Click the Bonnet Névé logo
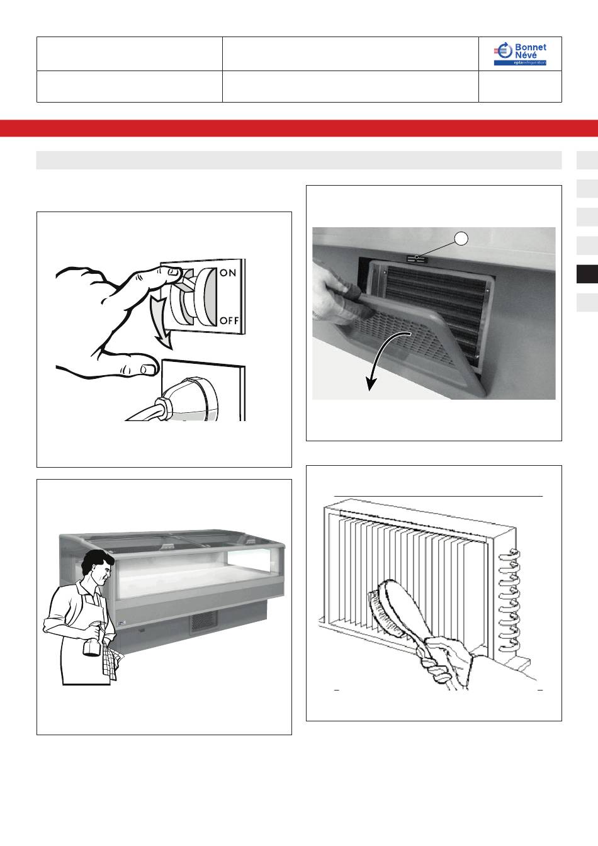(520, 54)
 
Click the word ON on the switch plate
(228, 273)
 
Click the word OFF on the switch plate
(229, 320)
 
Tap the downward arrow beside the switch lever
(162, 321)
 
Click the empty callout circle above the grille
(461, 239)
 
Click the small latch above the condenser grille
(416, 258)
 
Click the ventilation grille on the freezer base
(203, 621)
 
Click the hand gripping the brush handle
(446, 663)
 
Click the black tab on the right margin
(587, 274)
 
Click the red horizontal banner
(299, 128)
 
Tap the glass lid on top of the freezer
(170, 541)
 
